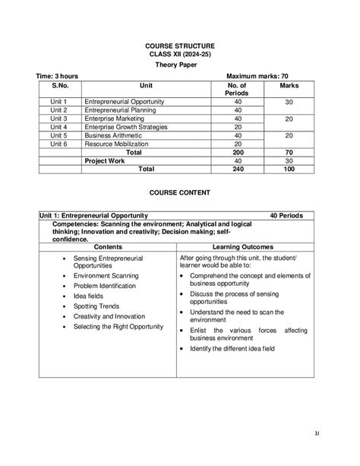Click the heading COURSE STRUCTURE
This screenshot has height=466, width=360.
click(x=180, y=46)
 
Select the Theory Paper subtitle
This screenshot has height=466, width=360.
click(x=180, y=65)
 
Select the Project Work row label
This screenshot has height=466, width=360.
click(x=106, y=160)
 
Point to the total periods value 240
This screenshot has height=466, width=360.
click(x=238, y=169)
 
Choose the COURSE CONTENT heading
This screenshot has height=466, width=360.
click(x=180, y=194)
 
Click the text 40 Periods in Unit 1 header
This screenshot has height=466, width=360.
click(x=291, y=216)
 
